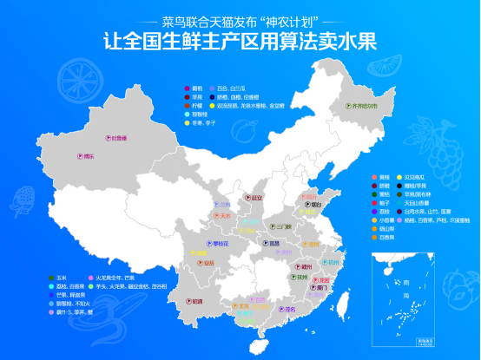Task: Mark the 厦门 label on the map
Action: (x=321, y=288)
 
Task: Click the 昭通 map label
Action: (x=197, y=301)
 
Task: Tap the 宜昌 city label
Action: (x=273, y=244)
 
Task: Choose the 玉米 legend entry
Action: (x=58, y=278)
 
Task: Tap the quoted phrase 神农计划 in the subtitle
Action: (x=276, y=19)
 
